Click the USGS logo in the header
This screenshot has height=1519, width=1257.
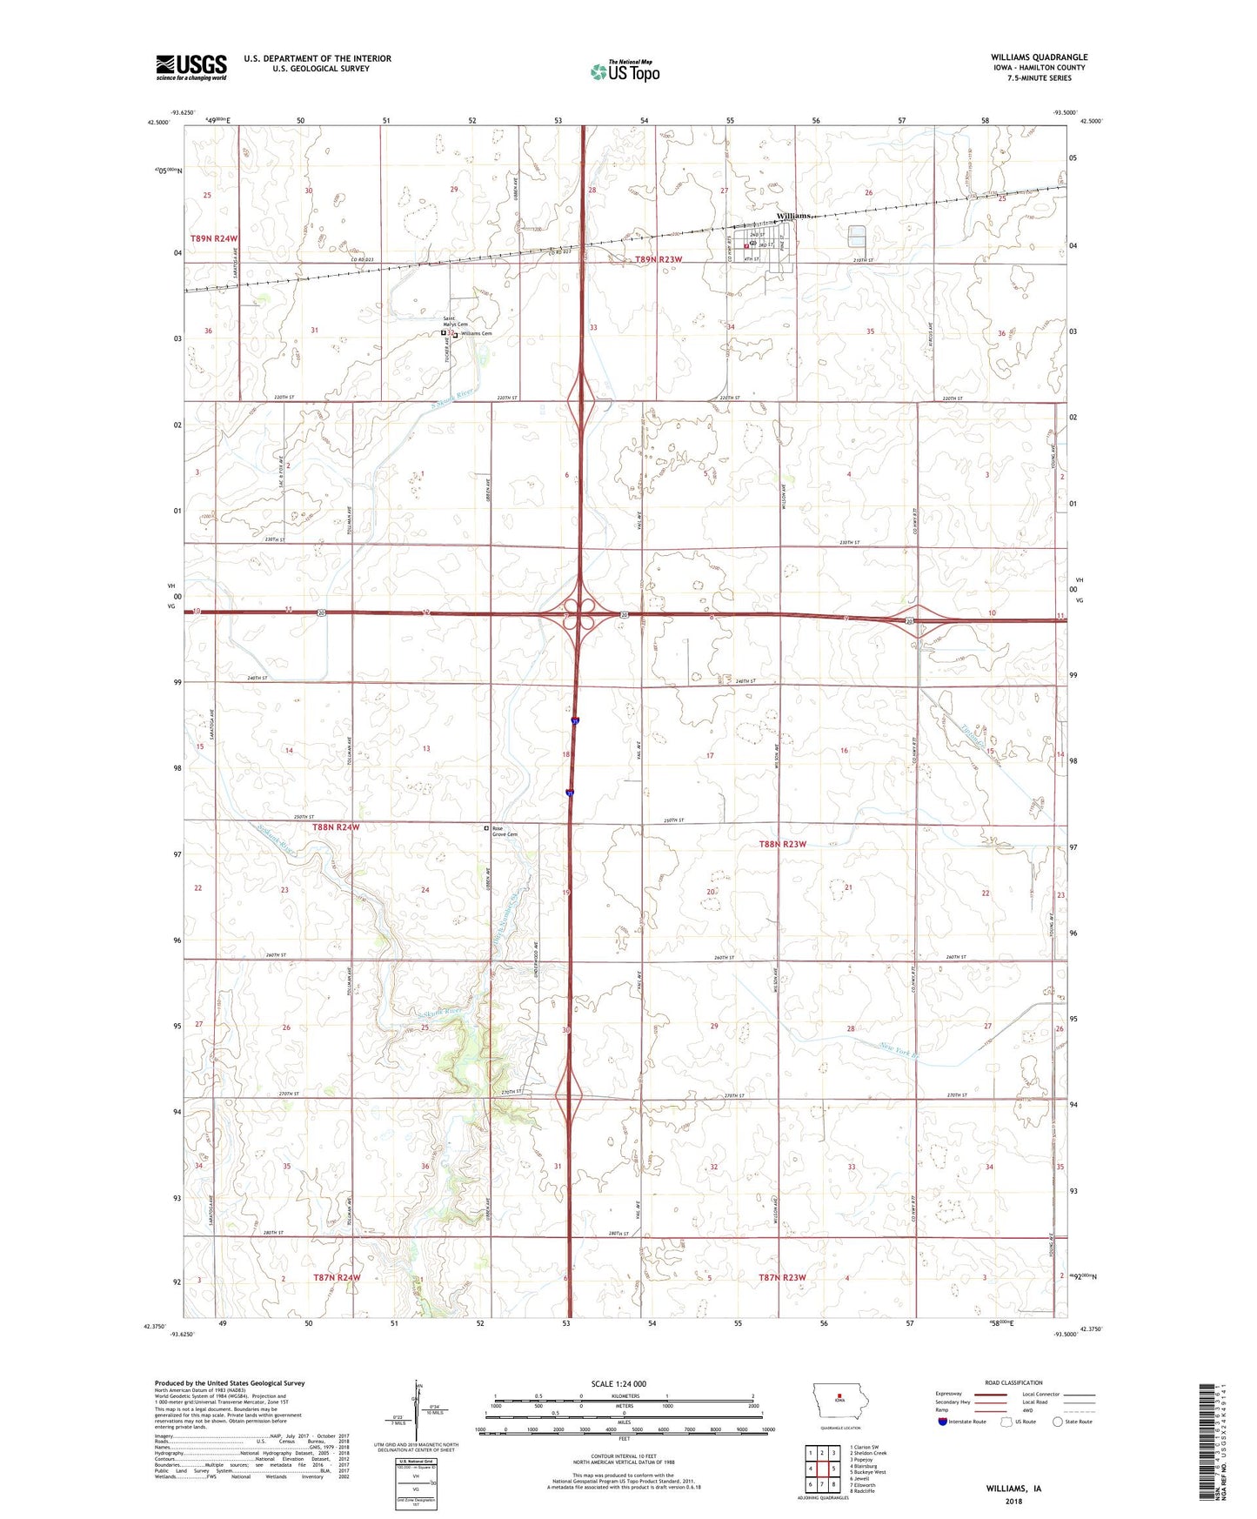coord(191,66)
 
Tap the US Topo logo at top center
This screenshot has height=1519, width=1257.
coord(624,70)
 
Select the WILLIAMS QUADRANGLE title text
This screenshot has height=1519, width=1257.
coord(1039,57)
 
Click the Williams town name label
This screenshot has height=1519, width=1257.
coord(794,215)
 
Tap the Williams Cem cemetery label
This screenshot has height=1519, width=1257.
coord(476,333)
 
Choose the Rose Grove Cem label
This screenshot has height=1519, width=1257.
coord(505,832)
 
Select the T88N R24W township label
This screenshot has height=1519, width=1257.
coord(335,827)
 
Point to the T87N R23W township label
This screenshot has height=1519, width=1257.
coord(783,1278)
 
